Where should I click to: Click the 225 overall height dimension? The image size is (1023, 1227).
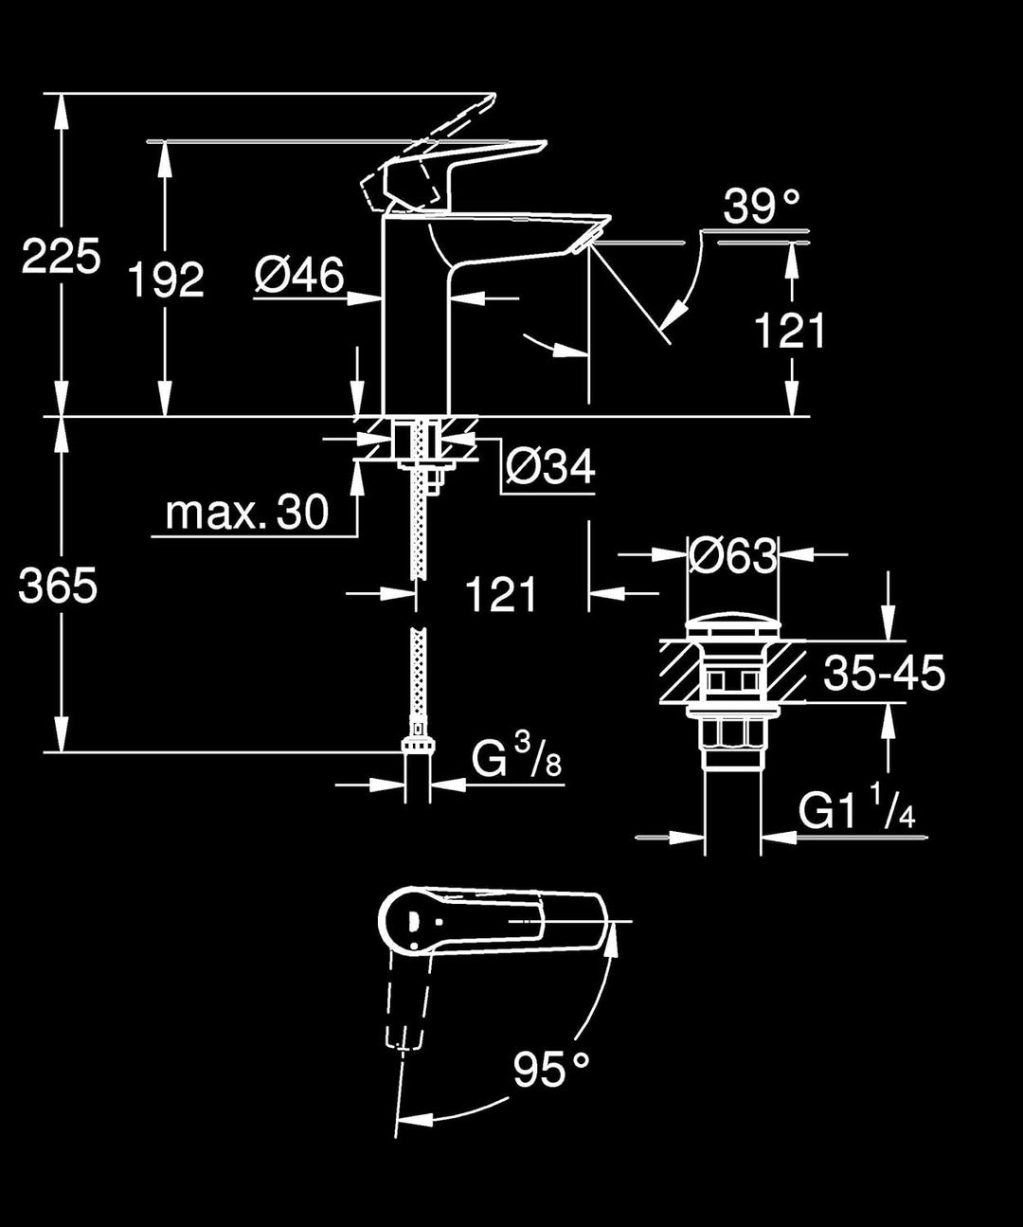click(61, 257)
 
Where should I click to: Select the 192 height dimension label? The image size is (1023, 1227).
click(166, 280)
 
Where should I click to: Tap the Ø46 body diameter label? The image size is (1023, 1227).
click(299, 276)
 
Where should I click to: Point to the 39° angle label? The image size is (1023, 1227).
click(762, 206)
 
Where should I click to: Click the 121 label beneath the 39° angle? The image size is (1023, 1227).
click(790, 331)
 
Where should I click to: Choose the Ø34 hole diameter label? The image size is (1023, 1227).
click(550, 466)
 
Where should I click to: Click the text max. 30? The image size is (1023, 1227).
click(246, 513)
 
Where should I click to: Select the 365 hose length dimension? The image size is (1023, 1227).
click(59, 587)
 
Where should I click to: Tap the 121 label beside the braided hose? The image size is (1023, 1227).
click(501, 595)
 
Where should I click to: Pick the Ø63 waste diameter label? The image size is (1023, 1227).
click(733, 556)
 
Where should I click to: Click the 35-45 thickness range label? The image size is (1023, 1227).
click(884, 673)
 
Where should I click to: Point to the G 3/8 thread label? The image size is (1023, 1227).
click(516, 759)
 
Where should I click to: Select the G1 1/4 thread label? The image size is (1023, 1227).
click(856, 811)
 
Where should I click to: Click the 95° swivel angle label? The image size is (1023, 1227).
click(551, 1070)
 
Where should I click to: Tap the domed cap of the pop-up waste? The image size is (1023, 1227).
click(733, 628)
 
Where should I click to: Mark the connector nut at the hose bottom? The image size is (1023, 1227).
click(417, 743)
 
